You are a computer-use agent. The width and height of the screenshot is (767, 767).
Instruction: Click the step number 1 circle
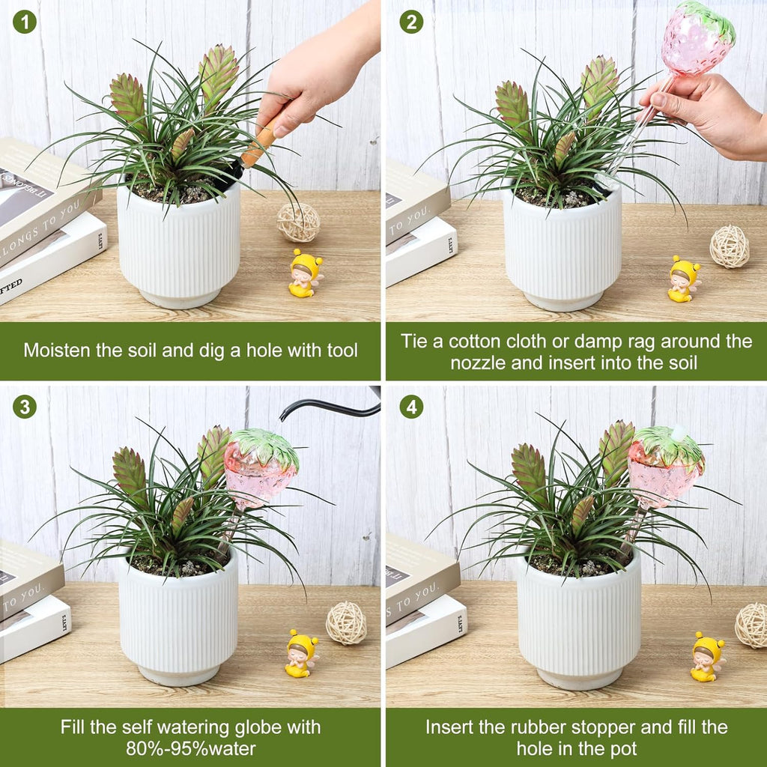click(x=24, y=22)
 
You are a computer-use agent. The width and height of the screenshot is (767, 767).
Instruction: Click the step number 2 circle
click(x=410, y=22)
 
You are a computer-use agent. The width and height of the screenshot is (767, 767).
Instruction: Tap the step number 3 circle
click(x=24, y=407)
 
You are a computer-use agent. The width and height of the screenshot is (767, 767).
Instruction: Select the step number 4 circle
click(x=410, y=407)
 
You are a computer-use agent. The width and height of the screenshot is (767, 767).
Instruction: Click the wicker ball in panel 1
click(x=298, y=222)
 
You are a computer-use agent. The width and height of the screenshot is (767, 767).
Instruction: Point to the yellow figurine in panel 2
click(x=683, y=279)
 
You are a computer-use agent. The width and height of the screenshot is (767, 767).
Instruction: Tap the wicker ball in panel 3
click(x=346, y=622)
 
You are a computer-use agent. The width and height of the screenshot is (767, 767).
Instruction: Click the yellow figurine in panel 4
click(x=707, y=656)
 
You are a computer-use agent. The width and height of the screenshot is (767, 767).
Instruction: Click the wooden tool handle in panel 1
click(x=258, y=146)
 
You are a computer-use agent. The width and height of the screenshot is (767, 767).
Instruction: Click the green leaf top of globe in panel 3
click(x=264, y=445)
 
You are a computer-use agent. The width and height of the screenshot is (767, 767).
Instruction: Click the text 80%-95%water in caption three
click(x=190, y=748)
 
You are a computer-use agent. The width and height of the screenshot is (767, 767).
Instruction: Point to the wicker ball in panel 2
click(x=729, y=246)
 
